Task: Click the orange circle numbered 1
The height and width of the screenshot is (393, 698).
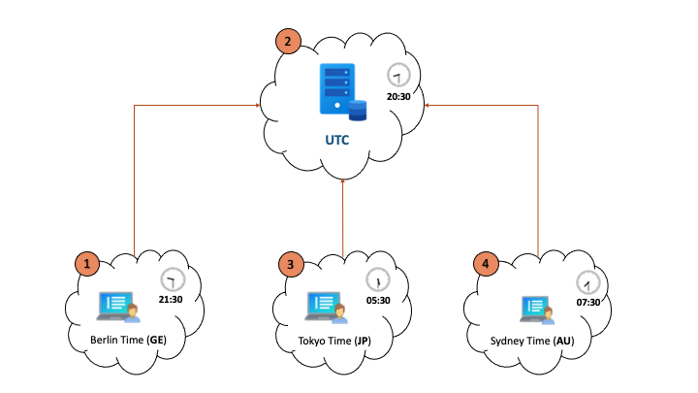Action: tap(88, 263)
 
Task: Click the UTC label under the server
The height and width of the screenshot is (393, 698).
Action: tap(338, 140)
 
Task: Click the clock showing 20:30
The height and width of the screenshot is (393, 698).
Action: tap(398, 75)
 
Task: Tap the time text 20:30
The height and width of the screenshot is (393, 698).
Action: tap(398, 97)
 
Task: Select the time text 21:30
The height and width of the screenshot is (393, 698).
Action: tap(171, 300)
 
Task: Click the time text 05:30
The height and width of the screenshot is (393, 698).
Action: tap(377, 301)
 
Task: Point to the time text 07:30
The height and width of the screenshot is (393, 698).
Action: tap(588, 303)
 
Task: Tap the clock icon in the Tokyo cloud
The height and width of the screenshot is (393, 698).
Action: tap(377, 279)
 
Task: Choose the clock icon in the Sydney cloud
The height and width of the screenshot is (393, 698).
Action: tap(588, 281)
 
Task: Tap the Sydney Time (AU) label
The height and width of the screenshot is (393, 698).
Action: tap(533, 341)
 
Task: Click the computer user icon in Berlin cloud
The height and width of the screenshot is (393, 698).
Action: tap(119, 307)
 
